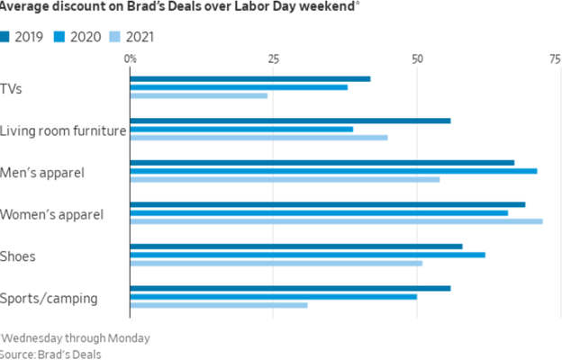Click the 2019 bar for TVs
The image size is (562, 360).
click(x=250, y=78)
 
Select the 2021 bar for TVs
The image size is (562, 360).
click(x=198, y=95)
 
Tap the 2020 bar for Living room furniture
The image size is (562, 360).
click(x=241, y=129)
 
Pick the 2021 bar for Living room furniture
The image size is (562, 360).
click(x=258, y=138)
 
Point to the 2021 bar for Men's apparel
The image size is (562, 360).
click(x=285, y=179)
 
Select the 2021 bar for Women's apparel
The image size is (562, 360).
click(x=336, y=220)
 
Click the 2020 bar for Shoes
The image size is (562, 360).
click(x=307, y=255)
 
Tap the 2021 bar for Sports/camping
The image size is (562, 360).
click(x=219, y=305)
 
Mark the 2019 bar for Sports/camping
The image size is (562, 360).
click(x=290, y=288)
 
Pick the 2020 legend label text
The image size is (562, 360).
click(x=86, y=36)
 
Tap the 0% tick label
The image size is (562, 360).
click(x=131, y=59)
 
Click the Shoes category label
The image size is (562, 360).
click(x=18, y=256)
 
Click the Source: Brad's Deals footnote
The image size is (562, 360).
click(x=50, y=353)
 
